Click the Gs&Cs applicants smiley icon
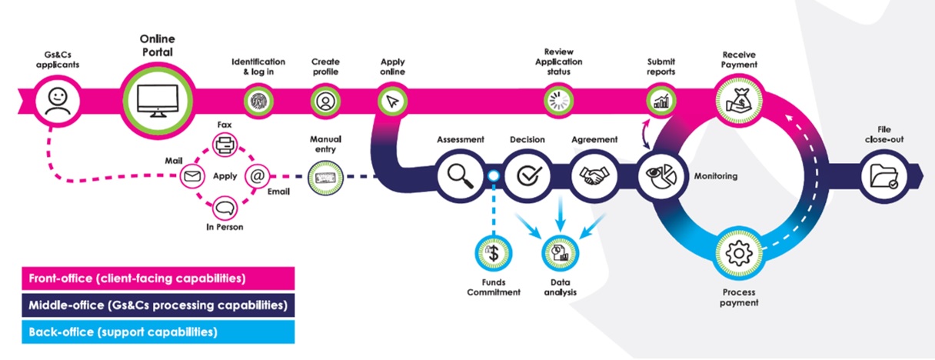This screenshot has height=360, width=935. (57, 101)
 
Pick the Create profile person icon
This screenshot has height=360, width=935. (324, 100)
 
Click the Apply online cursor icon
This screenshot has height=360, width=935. (391, 100)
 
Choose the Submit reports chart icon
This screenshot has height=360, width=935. (660, 100)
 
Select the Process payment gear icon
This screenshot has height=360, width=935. (739, 252)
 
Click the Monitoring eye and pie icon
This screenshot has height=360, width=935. (657, 176)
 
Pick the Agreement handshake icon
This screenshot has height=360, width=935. (593, 176)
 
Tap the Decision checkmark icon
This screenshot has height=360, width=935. (527, 176)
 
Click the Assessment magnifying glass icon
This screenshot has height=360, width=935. (459, 176)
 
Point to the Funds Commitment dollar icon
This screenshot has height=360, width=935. (494, 252)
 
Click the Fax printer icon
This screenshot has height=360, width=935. (225, 144)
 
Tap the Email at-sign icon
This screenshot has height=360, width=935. (257, 176)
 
